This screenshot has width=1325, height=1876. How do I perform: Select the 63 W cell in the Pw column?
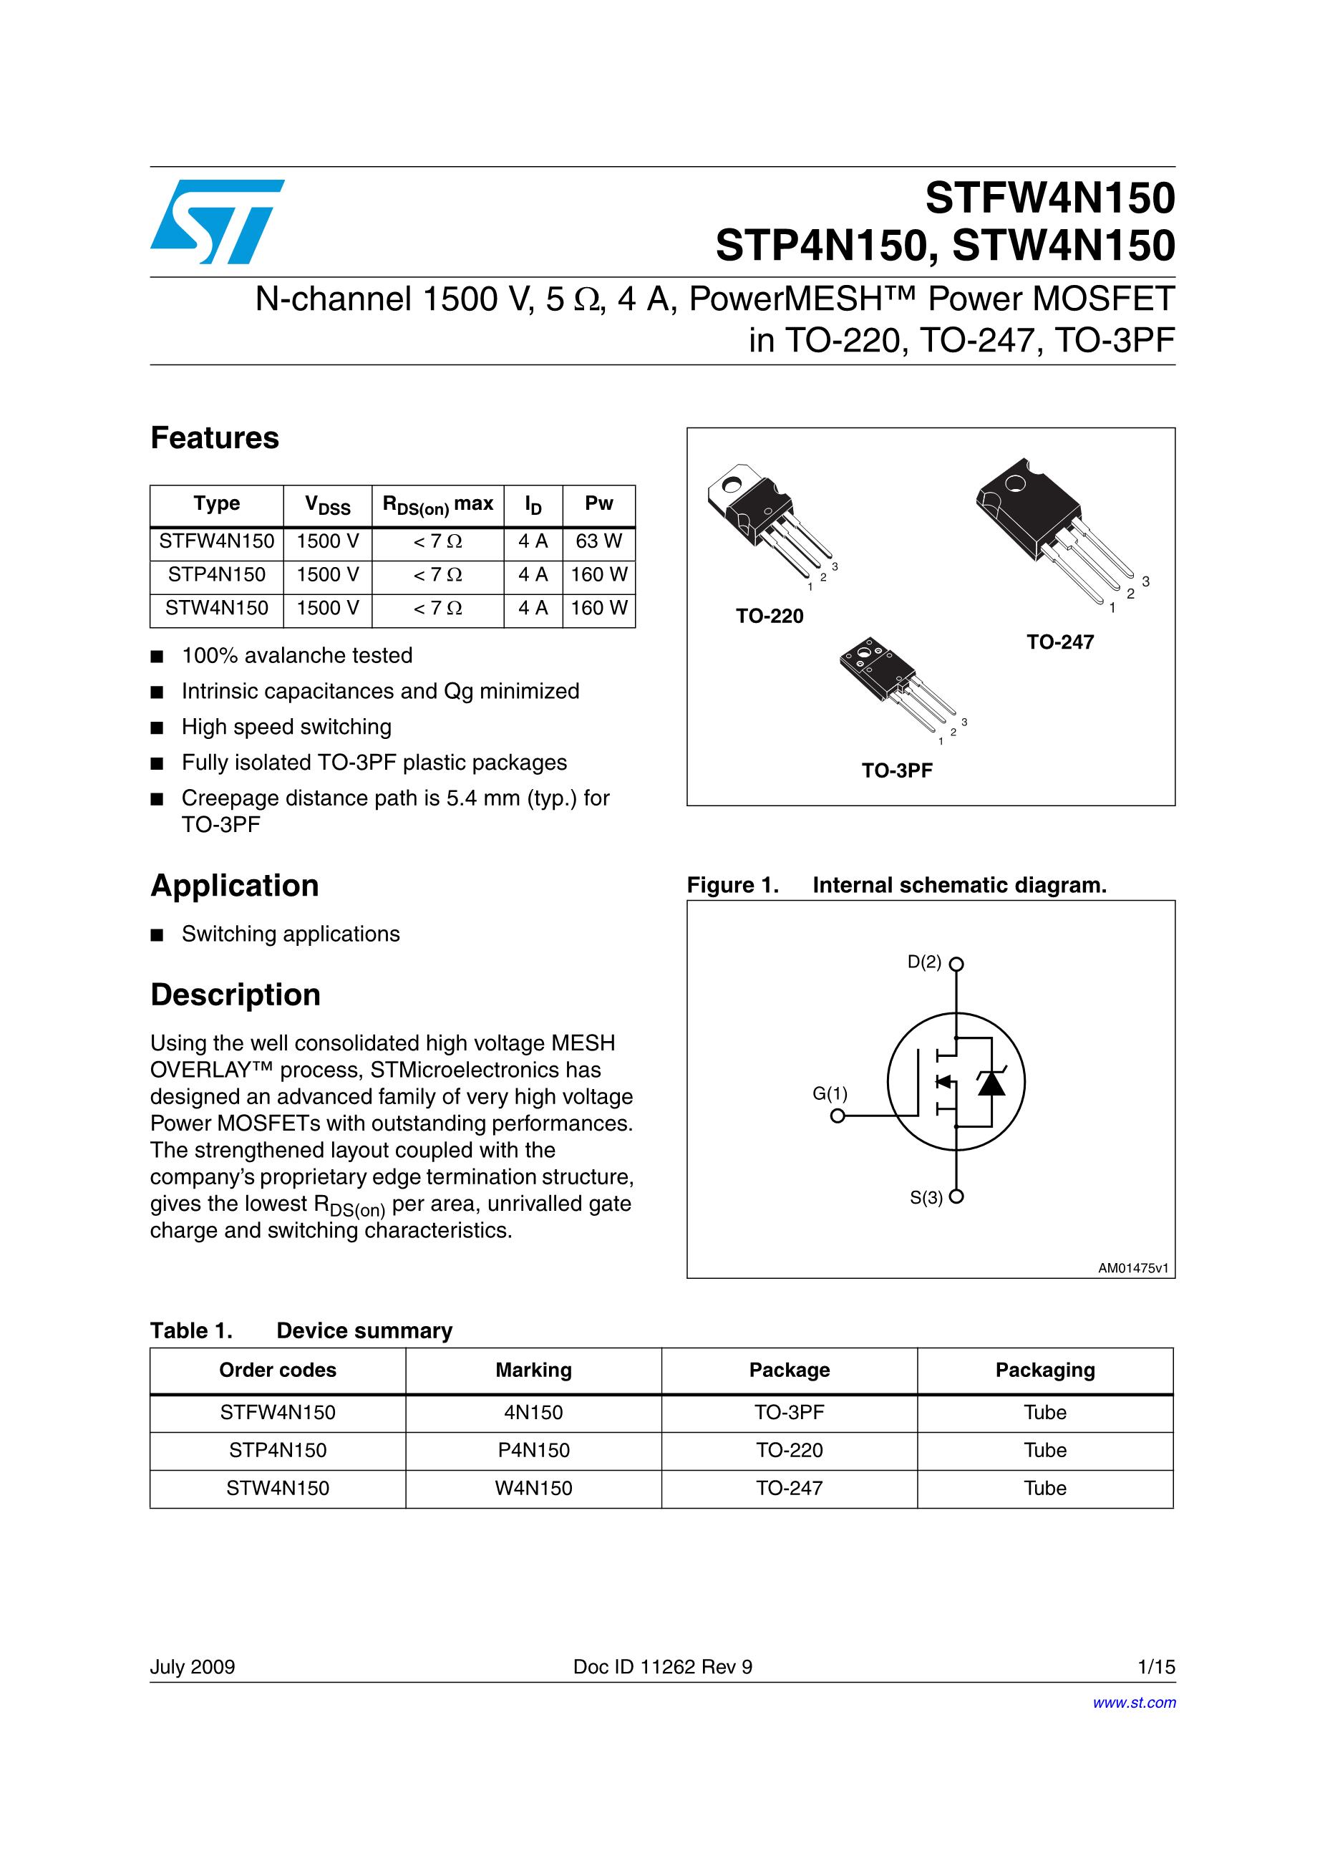pos(598,541)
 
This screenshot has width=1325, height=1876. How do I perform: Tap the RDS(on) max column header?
pos(438,505)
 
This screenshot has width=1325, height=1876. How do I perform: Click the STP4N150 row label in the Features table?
pos(216,574)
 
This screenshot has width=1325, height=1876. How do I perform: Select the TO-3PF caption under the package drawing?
pos(896,770)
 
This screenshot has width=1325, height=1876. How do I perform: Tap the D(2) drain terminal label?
pos(924,962)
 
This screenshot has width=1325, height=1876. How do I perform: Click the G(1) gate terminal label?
pos(830,1093)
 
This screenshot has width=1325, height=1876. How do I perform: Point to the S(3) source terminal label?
pos(926,1198)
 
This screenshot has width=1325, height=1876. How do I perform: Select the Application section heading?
pos(235,886)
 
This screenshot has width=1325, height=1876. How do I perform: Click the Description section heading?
pos(236,995)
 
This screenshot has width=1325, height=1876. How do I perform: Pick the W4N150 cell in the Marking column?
pos(533,1488)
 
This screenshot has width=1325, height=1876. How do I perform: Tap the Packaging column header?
pos(1045,1370)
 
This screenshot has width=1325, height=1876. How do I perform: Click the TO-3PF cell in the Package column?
pos(789,1413)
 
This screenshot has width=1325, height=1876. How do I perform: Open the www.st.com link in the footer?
pos(1134,1703)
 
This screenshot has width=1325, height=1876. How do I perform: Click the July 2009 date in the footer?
pos(192,1667)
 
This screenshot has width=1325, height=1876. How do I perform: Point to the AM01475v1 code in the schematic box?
pos(1133,1268)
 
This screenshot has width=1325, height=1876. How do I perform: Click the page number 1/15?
pos(1156,1667)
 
